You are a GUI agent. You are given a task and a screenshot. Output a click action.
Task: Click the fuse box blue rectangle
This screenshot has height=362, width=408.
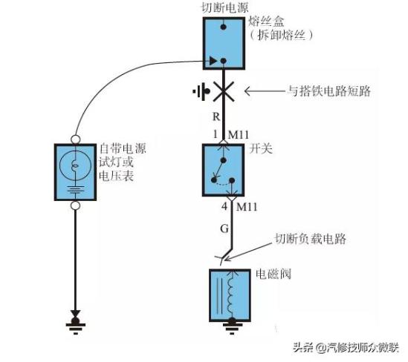pyautogui.click(x=224, y=43)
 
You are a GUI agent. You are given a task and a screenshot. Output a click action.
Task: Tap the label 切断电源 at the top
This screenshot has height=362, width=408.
pyautogui.click(x=225, y=7)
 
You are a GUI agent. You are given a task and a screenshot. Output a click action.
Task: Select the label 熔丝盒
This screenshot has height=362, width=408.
pyautogui.click(x=266, y=22)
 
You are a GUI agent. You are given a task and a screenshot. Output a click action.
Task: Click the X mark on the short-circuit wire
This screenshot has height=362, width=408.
pyautogui.click(x=223, y=91)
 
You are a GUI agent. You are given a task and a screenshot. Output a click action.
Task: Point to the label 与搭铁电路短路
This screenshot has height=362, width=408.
pyautogui.click(x=329, y=91)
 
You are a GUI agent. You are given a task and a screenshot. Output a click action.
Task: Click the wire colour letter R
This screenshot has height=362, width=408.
pyautogui.click(x=216, y=117)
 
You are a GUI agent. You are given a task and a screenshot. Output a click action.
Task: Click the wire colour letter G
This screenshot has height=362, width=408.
pyautogui.click(x=224, y=228)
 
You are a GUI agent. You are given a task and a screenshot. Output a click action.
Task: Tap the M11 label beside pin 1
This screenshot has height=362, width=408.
pyautogui.click(x=239, y=135)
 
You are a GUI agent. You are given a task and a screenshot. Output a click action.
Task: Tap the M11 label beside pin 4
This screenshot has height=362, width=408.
pyautogui.click(x=247, y=207)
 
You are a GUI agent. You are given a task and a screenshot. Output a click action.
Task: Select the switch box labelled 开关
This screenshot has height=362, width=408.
pyautogui.click(x=223, y=170)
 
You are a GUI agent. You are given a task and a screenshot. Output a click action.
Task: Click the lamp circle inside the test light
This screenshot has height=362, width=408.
pyautogui.click(x=75, y=165)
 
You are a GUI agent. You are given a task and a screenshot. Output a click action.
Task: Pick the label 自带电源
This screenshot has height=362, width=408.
pyautogui.click(x=123, y=148)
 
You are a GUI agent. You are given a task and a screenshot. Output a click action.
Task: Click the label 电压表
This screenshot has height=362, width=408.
pyautogui.click(x=117, y=176)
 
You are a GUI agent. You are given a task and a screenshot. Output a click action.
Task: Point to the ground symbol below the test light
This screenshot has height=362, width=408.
pyautogui.click(x=76, y=326)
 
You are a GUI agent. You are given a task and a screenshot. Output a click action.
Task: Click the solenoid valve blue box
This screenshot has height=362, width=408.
pyautogui.click(x=230, y=295)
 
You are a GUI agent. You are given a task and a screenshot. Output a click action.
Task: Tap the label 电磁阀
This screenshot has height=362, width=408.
pyautogui.click(x=273, y=274)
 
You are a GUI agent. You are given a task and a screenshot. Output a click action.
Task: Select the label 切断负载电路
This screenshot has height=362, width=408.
pyautogui.click(x=311, y=238)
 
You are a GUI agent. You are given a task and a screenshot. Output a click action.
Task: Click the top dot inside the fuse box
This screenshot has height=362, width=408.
pyautogui.click(x=223, y=27)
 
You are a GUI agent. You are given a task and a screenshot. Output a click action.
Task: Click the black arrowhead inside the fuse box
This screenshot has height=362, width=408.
pyautogui.click(x=213, y=61)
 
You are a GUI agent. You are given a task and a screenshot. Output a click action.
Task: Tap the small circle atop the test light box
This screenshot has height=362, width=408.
pyautogui.click(x=75, y=139)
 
